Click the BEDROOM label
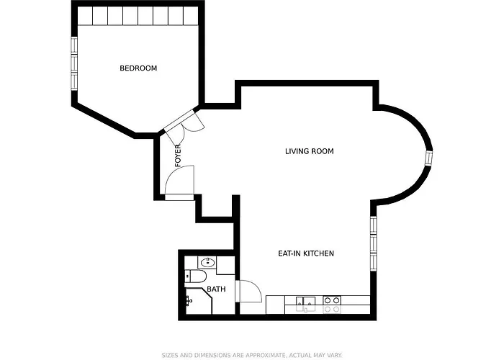tap(138, 68)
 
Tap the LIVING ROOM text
tap(310, 151)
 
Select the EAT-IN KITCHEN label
tap(306, 253)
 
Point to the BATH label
tap(216, 289)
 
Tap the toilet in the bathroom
tap(196, 277)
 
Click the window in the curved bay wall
tap(429, 158)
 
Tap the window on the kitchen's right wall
tap(373, 234)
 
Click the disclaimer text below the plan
tap(251, 354)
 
